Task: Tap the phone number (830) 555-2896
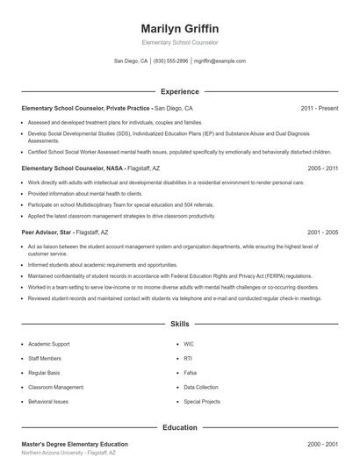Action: (x=170, y=61)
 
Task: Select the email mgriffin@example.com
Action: (x=220, y=61)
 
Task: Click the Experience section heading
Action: (x=179, y=91)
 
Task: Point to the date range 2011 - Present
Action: (x=319, y=108)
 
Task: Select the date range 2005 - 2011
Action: (x=322, y=167)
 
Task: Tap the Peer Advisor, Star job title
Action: (x=64, y=232)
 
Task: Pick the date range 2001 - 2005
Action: (x=322, y=232)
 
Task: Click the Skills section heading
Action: (x=179, y=324)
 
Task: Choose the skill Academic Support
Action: (x=49, y=344)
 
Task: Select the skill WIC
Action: (x=189, y=344)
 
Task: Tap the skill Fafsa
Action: (x=191, y=372)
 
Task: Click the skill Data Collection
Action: (x=201, y=386)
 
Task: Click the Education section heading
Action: (x=179, y=427)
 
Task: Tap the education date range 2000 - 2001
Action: (x=322, y=445)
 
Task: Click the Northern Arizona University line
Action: (x=68, y=454)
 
